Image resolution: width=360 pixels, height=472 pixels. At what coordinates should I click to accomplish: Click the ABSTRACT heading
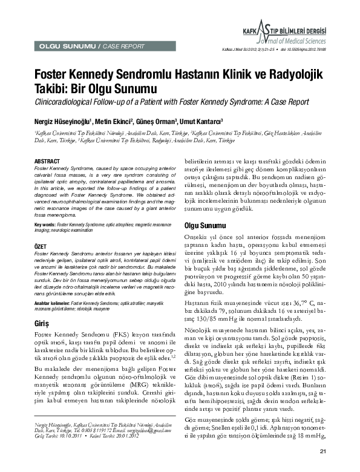[47, 161]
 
